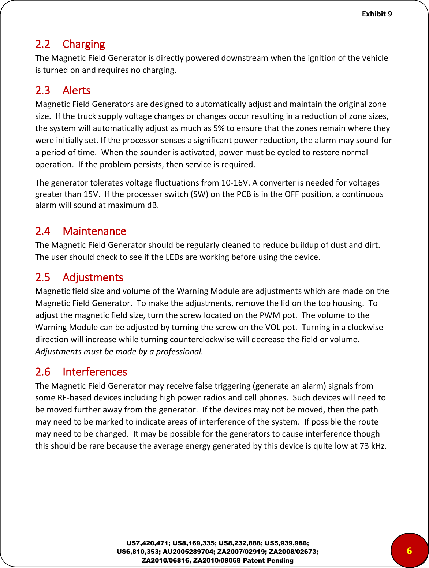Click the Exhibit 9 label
pyautogui.click(x=377, y=14)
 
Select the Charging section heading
pyautogui.click(x=84, y=44)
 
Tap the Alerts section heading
pyautogui.click(x=77, y=90)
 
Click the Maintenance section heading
pyautogui.click(x=94, y=231)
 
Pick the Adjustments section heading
pyautogui.click(x=93, y=277)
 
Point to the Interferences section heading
pyautogui.click(x=95, y=372)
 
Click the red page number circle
pyautogui.click(x=409, y=550)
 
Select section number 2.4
pyautogui.click(x=42, y=231)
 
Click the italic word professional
pyautogui.click(x=179, y=351)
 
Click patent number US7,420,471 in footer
pyautogui.click(x=148, y=543)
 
